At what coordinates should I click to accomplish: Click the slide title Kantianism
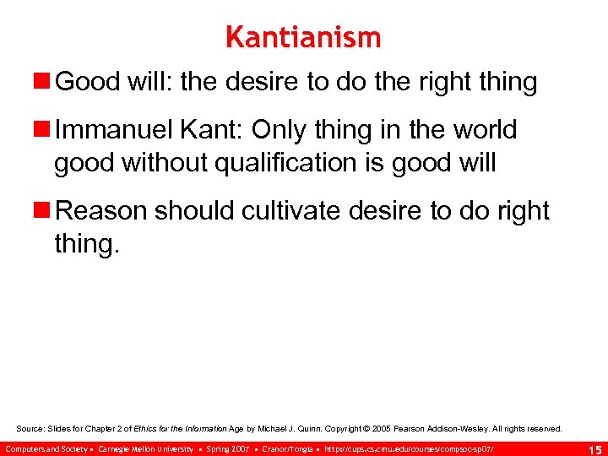click(x=303, y=37)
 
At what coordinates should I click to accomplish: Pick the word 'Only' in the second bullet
click(x=292, y=130)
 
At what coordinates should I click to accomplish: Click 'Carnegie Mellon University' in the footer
click(x=145, y=448)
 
